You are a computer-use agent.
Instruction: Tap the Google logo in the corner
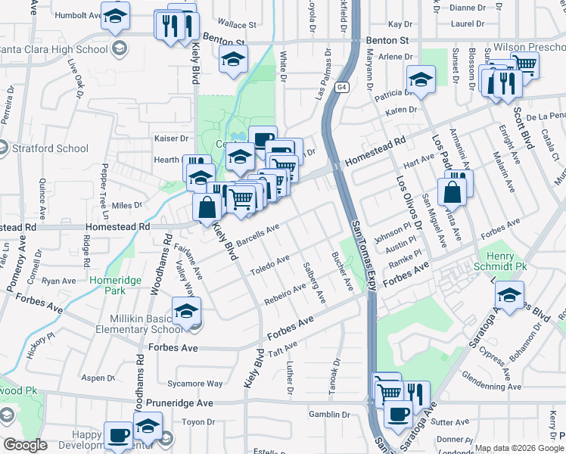coord(25,445)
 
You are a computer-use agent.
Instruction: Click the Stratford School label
coord(50,148)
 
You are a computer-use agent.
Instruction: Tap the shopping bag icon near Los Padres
coord(452,192)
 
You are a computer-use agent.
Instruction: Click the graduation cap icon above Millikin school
coord(186,310)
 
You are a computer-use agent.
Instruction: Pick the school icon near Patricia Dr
coord(420,79)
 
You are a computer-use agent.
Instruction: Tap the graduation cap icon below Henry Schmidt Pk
coord(511,295)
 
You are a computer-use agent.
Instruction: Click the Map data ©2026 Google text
coord(518,448)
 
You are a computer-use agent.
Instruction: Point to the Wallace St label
coord(234,24)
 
